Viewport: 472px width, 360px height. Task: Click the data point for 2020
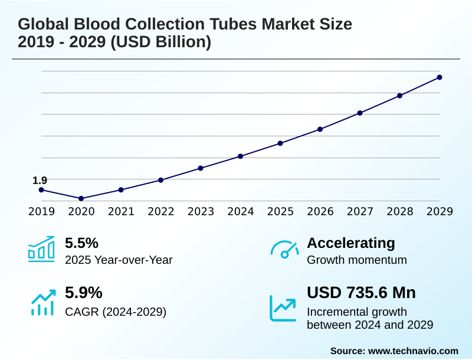(x=81, y=198)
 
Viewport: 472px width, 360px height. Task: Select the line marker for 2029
(x=440, y=77)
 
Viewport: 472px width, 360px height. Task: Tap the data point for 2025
(x=280, y=143)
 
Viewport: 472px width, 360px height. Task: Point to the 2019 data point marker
(x=41, y=190)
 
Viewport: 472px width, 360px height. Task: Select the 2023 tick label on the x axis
(x=201, y=212)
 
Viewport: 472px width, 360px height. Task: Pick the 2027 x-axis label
(x=360, y=212)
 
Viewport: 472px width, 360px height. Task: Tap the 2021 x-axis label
(x=121, y=212)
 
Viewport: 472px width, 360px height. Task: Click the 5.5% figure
(x=81, y=243)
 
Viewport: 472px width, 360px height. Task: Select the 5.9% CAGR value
(x=83, y=293)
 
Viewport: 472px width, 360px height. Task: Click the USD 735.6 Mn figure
(x=361, y=293)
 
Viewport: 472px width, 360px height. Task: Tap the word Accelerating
(x=351, y=243)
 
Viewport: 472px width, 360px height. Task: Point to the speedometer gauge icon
(x=284, y=249)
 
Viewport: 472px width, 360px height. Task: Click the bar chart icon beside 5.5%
(x=41, y=249)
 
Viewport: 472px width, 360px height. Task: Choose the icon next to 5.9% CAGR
(x=41, y=302)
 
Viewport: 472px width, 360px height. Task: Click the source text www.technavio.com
(x=413, y=351)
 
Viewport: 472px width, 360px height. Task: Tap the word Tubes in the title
(x=234, y=24)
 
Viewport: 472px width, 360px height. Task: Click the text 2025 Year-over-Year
(x=119, y=260)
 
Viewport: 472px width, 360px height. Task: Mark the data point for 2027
(x=360, y=113)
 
